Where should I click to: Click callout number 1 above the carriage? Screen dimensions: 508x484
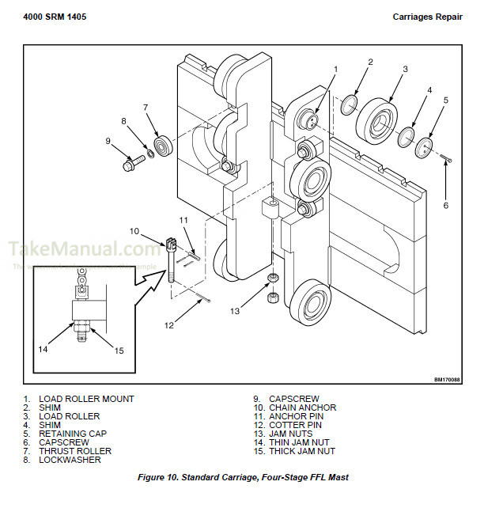(335, 70)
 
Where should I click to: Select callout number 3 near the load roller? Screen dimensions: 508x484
(404, 70)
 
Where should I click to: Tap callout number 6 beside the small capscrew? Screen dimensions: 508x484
(444, 205)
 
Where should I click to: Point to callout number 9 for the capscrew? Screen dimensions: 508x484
(108, 141)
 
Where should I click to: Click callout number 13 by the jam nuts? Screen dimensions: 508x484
(234, 311)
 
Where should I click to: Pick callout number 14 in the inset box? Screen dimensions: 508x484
(43, 348)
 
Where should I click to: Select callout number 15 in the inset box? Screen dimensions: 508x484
(120, 351)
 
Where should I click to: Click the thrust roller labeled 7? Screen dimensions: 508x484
(164, 146)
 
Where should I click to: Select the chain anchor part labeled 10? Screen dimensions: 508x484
(172, 253)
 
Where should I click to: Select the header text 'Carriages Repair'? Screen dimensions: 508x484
(427, 17)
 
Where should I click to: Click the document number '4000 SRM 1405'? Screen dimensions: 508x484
(54, 17)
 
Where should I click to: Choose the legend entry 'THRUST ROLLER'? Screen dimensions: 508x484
(75, 451)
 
